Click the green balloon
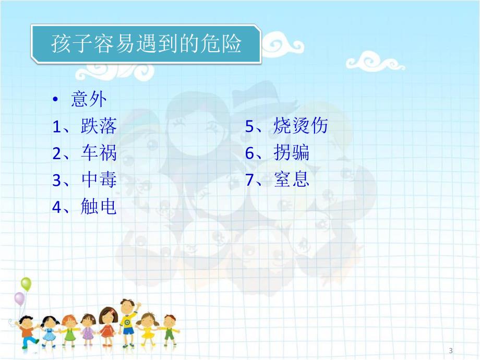point(26,285)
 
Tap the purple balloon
point(19,299)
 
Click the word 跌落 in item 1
point(99,126)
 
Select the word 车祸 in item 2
point(99,153)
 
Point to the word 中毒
point(99,180)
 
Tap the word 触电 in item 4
point(99,207)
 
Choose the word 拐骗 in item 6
point(291,153)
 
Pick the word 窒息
point(291,180)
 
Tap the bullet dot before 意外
point(56,100)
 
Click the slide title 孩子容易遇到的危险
point(146,44)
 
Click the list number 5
point(249,126)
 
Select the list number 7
point(249,181)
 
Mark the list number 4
point(57,208)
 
